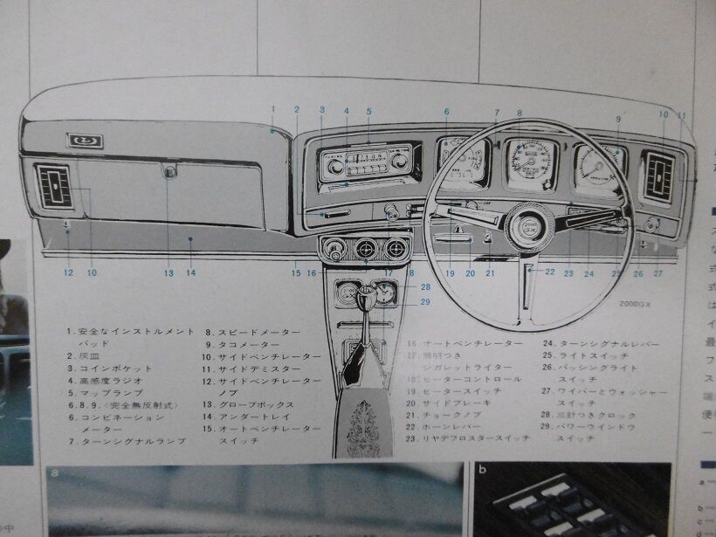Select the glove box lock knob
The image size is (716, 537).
pos(169,171)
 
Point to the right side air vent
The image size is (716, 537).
pos(657,177)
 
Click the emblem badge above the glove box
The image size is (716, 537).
pos(84,140)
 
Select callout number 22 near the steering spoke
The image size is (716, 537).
pos(550,272)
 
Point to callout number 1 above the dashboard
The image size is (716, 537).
pos(273,109)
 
